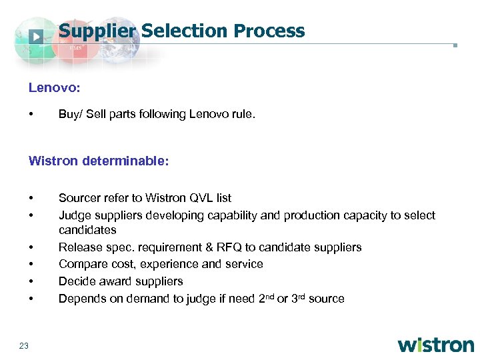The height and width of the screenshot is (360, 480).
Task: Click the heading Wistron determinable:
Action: (x=99, y=160)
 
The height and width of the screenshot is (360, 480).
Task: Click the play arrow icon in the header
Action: (x=37, y=36)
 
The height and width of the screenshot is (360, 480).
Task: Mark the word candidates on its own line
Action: (x=87, y=230)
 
